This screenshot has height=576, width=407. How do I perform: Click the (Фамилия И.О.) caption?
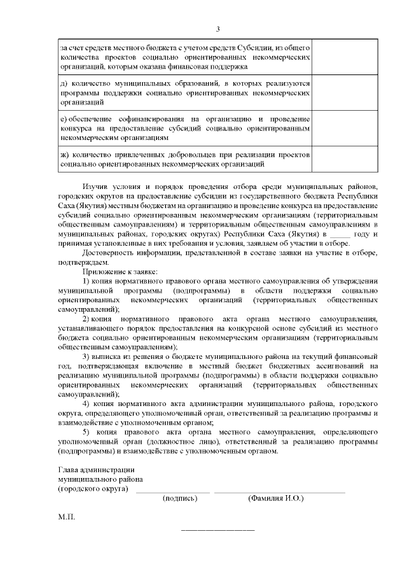point(275,498)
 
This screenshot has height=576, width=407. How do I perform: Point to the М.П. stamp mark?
point(66,517)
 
